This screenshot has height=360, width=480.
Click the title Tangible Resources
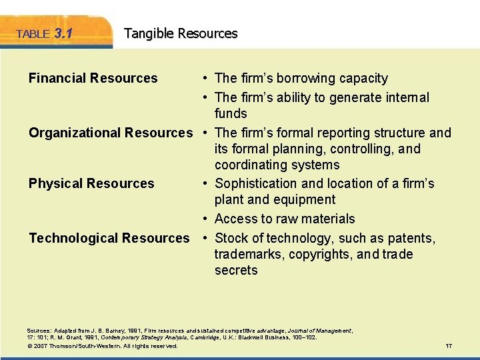[181, 33]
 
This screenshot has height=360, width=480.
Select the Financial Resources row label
[93, 78]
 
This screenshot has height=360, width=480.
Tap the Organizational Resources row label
[110, 133]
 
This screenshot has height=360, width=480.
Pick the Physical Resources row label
[91, 183]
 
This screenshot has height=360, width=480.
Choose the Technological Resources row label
[109, 238]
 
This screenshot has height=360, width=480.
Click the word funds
[231, 114]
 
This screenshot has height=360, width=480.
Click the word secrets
[236, 270]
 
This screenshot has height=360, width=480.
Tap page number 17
[448, 346]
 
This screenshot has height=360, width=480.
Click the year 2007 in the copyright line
[41, 346]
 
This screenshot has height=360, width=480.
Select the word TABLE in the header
[33, 35]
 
